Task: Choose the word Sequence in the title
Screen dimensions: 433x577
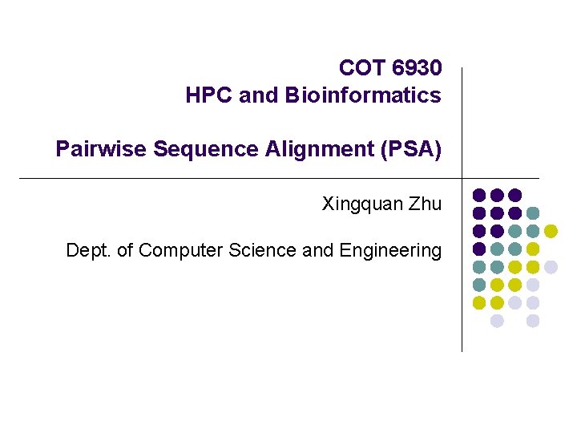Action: click(197, 149)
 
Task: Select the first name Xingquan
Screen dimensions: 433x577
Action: click(361, 204)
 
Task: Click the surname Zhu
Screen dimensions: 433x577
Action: click(425, 204)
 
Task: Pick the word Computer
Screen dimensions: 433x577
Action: click(181, 250)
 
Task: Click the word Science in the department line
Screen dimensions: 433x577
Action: click(262, 250)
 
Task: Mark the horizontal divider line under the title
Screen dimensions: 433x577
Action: click(240, 177)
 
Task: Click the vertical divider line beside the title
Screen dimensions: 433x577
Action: click(462, 120)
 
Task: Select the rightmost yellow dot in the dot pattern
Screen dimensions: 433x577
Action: click(551, 231)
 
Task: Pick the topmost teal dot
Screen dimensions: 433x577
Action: click(533, 212)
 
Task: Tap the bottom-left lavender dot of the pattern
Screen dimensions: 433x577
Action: click(497, 321)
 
